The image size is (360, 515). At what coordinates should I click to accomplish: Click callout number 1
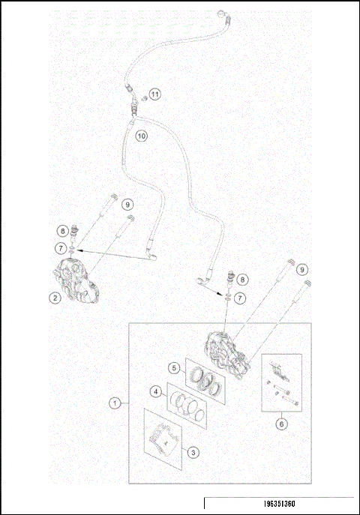click(115, 403)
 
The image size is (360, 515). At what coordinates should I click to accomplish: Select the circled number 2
click(54, 297)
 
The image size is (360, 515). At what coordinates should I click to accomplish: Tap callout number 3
click(192, 452)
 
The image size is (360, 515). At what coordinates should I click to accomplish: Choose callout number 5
click(172, 368)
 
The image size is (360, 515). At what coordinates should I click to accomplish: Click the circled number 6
click(281, 424)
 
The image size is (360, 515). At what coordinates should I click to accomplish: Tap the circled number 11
click(154, 94)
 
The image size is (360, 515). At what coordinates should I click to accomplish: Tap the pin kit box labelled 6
click(281, 382)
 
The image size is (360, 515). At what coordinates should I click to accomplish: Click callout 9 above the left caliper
click(127, 204)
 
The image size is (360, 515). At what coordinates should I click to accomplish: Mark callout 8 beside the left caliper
click(64, 230)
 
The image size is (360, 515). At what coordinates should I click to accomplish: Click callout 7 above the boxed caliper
click(239, 298)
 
